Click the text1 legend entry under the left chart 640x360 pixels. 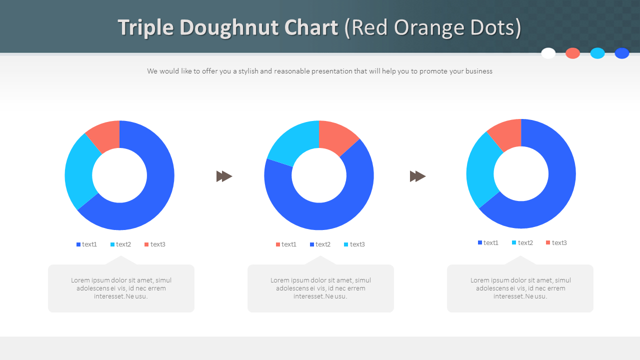click(87, 244)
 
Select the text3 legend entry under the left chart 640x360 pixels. click(155, 244)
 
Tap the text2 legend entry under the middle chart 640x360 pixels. click(320, 244)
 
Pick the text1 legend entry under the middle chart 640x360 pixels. click(286, 244)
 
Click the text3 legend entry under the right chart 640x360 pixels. click(556, 243)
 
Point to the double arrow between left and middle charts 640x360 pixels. click(224, 176)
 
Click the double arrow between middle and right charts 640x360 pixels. click(417, 176)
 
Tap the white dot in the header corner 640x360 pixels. click(548, 53)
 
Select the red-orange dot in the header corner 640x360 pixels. click(572, 53)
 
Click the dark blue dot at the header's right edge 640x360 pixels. click(621, 53)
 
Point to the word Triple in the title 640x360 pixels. click(146, 27)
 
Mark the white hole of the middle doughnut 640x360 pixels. click(319, 175)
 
